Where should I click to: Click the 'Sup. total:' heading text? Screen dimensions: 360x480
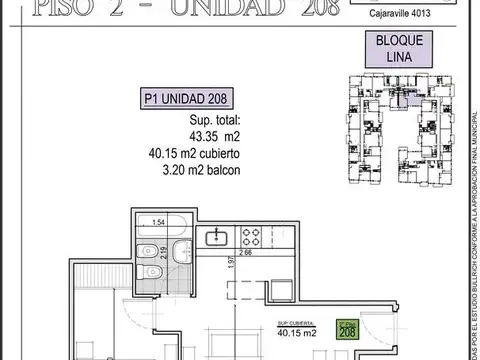[x=190, y=122]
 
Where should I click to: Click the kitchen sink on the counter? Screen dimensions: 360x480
[x=214, y=239]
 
